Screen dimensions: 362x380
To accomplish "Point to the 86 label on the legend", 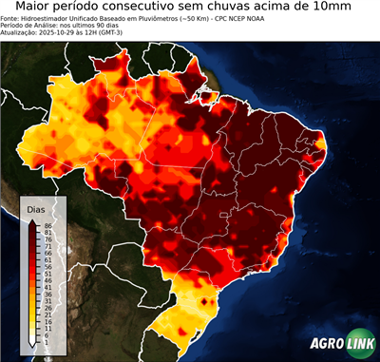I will [x=47, y=225].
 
